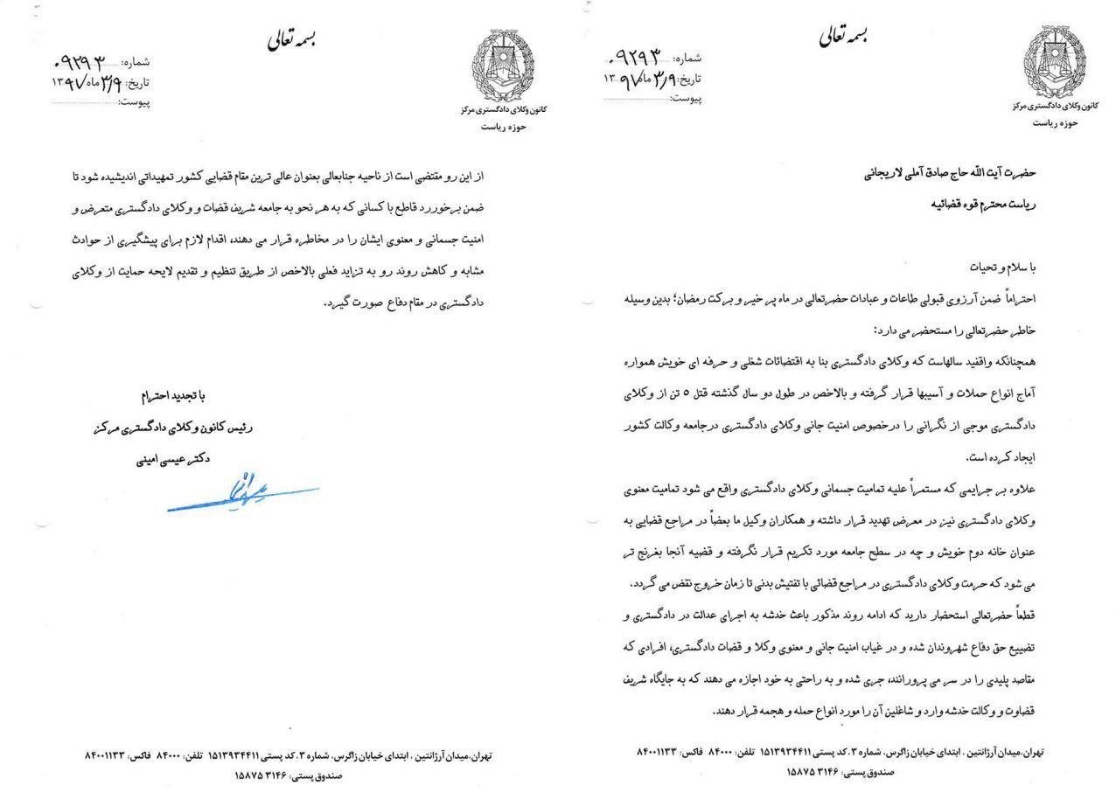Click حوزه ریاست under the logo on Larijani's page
(1056, 122)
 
